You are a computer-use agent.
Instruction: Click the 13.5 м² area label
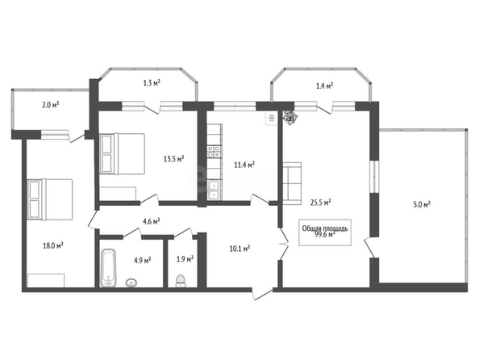(x=174, y=159)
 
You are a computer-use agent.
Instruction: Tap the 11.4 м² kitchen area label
(x=244, y=165)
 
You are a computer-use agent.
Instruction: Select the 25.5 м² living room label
(x=321, y=203)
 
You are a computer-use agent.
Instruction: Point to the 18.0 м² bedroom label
(x=53, y=245)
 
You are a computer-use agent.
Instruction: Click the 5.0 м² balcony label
(x=422, y=205)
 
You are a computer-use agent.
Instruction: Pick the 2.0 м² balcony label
(x=51, y=105)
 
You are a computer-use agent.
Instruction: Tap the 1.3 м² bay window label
(x=152, y=83)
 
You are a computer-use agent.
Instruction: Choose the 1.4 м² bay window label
(x=324, y=86)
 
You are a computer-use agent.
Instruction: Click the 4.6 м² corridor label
(x=152, y=221)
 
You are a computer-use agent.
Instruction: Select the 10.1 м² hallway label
(x=240, y=249)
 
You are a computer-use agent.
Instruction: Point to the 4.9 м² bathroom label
(x=143, y=260)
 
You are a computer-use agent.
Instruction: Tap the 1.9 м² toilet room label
(x=185, y=259)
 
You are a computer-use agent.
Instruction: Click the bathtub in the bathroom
(x=108, y=268)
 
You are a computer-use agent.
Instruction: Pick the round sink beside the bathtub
(x=131, y=283)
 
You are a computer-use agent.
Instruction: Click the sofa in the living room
(x=292, y=183)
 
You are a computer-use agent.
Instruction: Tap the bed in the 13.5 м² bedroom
(x=123, y=154)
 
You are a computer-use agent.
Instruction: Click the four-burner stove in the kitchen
(x=215, y=152)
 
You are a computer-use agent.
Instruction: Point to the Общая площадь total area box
(x=325, y=232)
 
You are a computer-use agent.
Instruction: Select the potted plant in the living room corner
(x=289, y=116)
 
